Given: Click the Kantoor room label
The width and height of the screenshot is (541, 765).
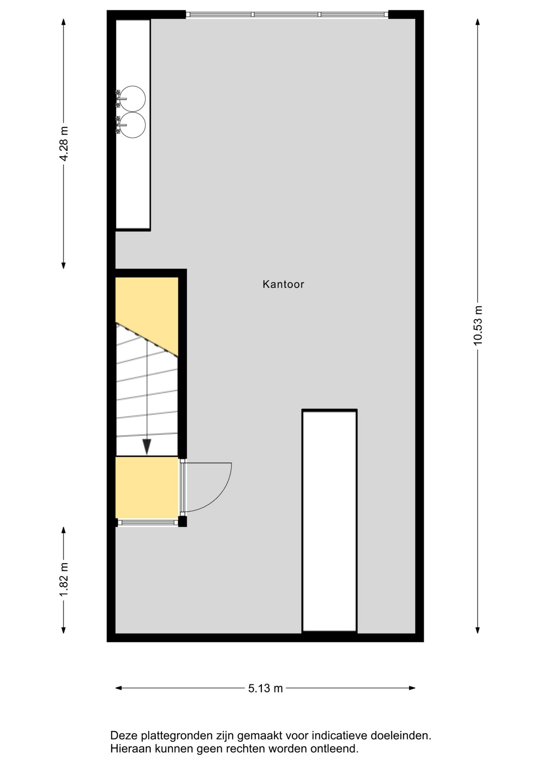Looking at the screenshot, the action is tap(283, 284).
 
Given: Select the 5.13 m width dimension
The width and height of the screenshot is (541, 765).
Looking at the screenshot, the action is tap(265, 688).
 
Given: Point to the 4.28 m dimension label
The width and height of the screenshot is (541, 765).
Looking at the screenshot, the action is tap(64, 143).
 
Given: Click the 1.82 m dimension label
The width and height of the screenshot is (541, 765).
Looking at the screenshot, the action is tap(64, 580).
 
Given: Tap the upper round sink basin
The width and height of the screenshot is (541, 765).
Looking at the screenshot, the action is tap(132, 99).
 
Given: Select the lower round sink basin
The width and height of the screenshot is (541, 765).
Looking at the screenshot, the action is tap(132, 125).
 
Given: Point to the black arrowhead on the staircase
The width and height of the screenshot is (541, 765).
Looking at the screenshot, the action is tap(147, 447).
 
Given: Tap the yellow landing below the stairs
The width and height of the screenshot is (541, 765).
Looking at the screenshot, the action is tap(147, 487).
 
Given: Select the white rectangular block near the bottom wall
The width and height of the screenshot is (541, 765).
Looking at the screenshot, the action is tap(329, 521).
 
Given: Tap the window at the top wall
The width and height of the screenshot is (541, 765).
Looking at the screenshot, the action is tap(287, 15).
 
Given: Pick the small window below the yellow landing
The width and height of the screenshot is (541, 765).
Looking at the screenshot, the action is tap(148, 522).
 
